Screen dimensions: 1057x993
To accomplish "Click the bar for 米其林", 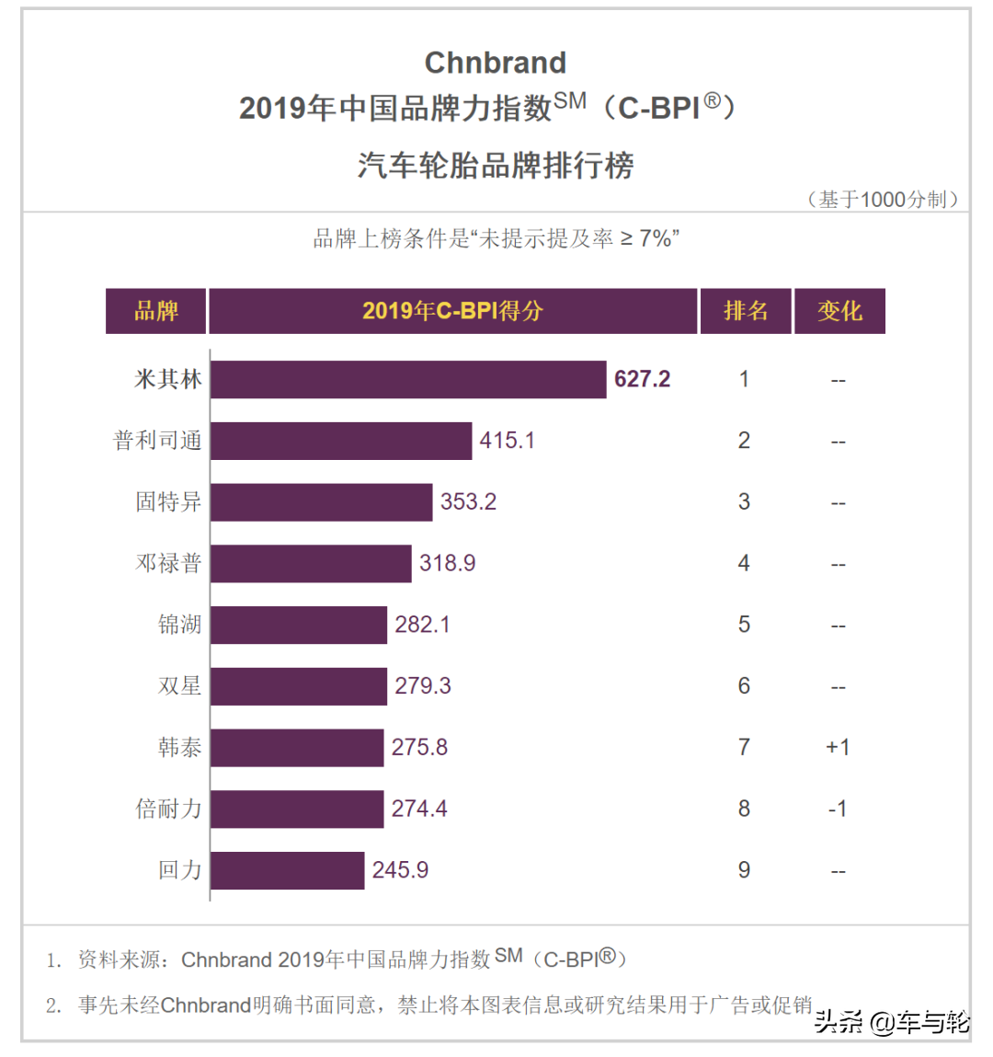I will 408,379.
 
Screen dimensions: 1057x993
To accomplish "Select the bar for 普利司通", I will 341,441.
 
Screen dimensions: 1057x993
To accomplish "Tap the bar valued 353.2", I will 321,502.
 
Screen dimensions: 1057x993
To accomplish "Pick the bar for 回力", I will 287,870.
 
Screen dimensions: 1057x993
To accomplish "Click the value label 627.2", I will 642,379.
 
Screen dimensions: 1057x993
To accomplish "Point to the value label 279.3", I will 423,686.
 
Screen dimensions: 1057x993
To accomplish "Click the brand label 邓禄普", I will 168,563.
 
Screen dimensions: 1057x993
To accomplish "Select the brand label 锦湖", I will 179,625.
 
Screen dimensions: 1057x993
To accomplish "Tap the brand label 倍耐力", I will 168,809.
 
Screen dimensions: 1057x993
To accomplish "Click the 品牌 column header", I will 156,311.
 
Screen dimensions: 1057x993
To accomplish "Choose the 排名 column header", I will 746,311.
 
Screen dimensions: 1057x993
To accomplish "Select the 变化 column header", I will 839,311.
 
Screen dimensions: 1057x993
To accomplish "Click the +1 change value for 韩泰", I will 838,747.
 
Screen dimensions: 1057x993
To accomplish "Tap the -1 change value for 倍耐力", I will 838,809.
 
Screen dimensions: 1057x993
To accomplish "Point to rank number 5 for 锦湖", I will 744,625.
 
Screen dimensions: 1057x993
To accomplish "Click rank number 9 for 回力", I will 744,870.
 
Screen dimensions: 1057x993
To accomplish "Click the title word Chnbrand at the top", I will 496,63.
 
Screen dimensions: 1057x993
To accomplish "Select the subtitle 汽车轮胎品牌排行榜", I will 496,166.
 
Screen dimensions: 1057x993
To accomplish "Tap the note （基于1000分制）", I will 883,200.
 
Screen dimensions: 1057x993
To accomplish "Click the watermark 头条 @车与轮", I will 892,1022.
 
